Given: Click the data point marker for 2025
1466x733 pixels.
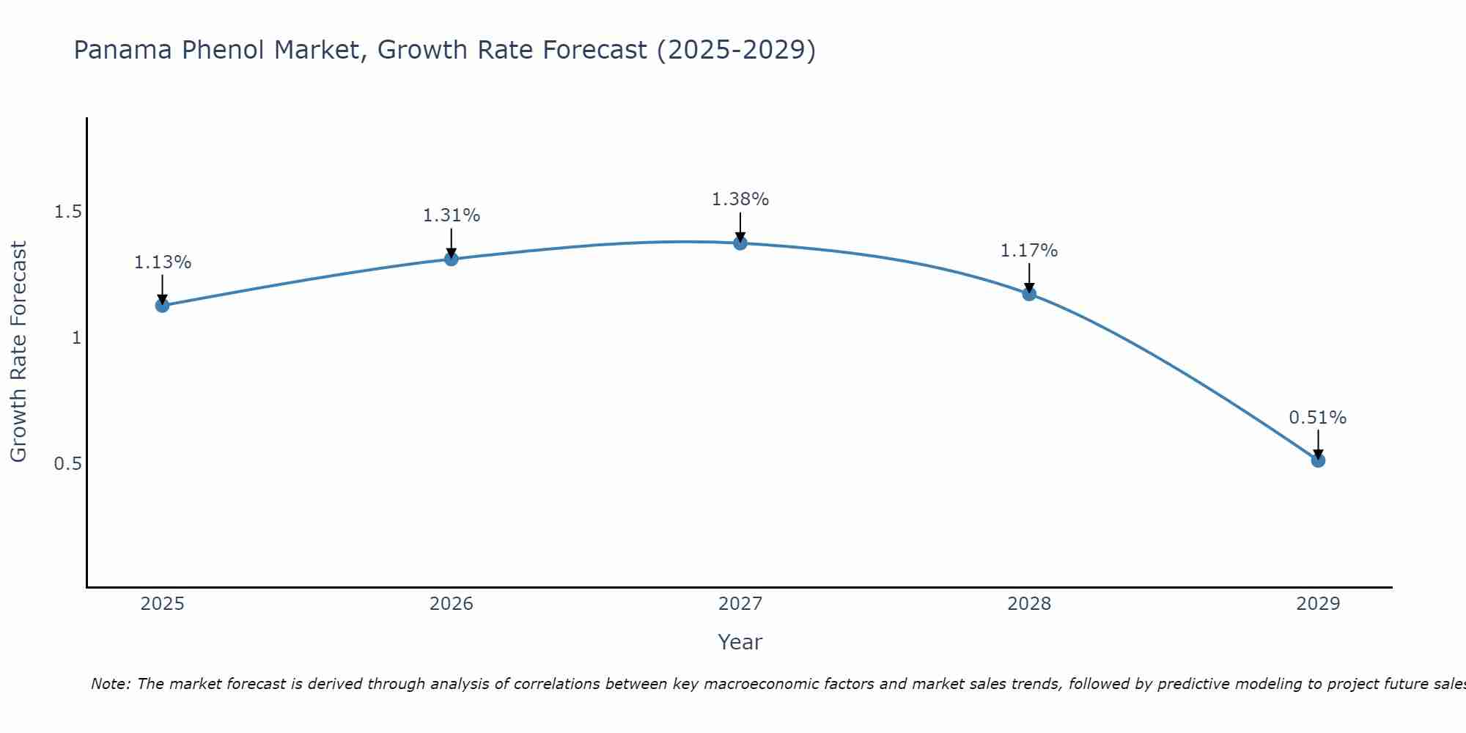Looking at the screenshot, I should (163, 305).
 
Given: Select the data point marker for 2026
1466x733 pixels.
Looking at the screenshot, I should (452, 259).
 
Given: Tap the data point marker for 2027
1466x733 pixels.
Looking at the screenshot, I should (740, 243).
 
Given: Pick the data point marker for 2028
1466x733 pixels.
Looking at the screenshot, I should (1029, 294).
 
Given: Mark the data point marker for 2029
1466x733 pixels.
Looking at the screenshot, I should (1318, 460).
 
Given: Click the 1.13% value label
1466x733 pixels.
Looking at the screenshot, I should (163, 262).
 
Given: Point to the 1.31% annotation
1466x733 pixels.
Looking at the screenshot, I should (452, 216).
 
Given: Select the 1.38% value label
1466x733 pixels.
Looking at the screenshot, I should (740, 199).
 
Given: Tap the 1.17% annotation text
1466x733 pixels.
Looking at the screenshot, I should (1029, 251).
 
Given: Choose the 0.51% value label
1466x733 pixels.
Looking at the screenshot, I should (1318, 418).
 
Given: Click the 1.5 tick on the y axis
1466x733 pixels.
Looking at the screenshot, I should (67, 212).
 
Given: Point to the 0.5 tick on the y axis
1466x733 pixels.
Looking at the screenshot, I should (67, 464).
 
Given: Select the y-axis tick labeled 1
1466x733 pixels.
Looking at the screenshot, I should (75, 338).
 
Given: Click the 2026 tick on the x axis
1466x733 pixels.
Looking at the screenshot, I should (452, 604).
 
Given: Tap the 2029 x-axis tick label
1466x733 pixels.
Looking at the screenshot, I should (1318, 604).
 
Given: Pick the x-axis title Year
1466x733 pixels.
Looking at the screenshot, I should (740, 642).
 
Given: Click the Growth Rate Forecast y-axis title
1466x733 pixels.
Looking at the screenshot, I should (18, 352).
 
